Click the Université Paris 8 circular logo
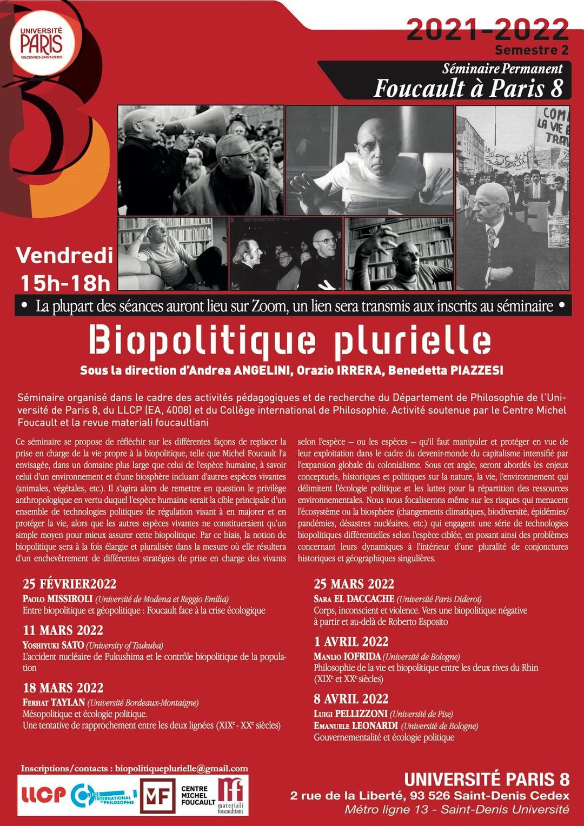(42, 42)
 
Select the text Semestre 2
(531, 50)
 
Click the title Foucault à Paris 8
(468, 88)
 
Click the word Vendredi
(64, 256)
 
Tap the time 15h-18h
(65, 283)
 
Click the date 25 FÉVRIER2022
(69, 584)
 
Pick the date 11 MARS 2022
(63, 630)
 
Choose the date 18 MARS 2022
(63, 688)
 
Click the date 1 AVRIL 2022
(351, 642)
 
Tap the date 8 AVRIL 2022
(351, 699)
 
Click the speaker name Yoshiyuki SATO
(53, 645)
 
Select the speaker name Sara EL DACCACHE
(354, 599)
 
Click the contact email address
(181, 768)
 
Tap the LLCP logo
(43, 795)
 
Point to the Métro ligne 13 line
(456, 809)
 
